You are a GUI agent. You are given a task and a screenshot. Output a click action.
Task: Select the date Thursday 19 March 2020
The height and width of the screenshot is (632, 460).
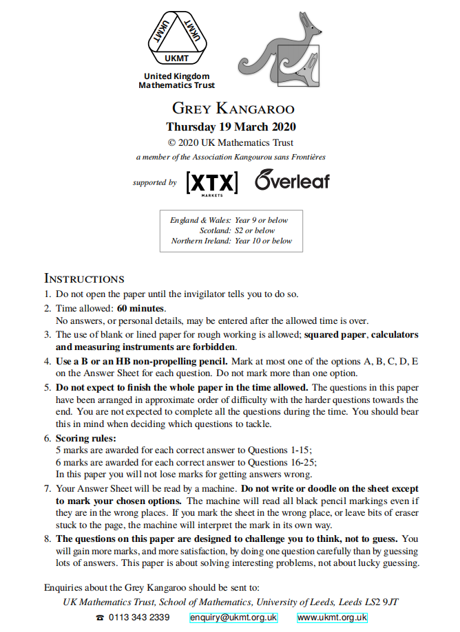click(x=231, y=127)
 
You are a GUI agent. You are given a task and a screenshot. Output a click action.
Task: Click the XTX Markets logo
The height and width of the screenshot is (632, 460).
click(x=212, y=182)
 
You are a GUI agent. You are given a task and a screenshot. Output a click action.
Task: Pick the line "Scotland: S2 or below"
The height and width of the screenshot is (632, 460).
click(x=236, y=230)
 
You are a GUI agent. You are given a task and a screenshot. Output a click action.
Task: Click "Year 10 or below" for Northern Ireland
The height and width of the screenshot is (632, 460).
click(x=263, y=241)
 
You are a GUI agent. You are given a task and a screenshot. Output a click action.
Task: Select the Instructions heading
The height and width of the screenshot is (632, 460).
click(x=84, y=279)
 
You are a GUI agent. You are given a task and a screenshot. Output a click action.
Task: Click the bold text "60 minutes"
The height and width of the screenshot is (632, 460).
click(x=141, y=307)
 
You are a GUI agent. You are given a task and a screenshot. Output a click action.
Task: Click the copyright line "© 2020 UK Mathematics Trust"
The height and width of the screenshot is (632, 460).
click(x=231, y=143)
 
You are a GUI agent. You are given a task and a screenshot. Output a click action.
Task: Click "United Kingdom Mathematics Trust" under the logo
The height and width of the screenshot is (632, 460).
click(x=176, y=81)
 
